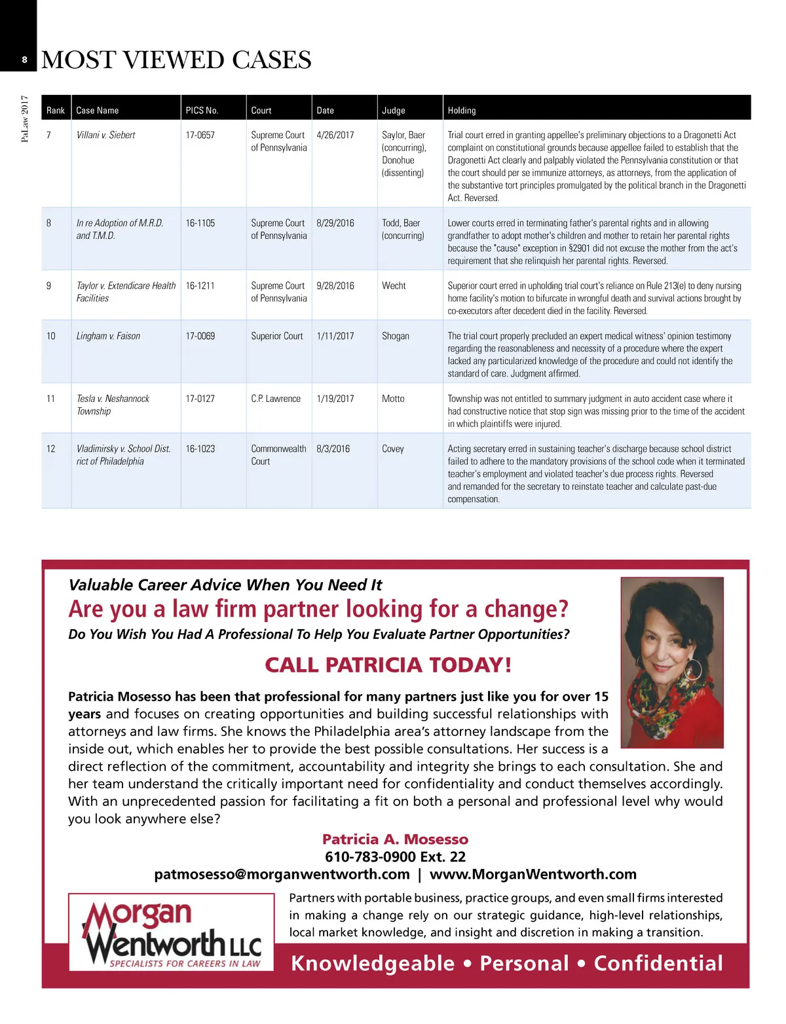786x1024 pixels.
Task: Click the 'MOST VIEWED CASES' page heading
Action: (x=176, y=60)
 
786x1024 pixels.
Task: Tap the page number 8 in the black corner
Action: (x=25, y=60)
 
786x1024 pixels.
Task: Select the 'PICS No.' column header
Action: (x=202, y=111)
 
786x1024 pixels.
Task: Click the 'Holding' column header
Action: (x=462, y=111)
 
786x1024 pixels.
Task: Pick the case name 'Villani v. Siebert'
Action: (x=105, y=135)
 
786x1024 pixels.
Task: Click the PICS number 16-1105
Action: (x=200, y=223)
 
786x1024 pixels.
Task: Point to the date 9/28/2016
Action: (x=335, y=286)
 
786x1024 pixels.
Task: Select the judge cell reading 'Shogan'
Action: (x=396, y=336)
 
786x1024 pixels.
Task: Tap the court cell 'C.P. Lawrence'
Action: (x=276, y=399)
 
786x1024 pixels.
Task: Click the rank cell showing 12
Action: (x=51, y=449)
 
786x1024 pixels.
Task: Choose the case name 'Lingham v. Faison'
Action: (x=108, y=336)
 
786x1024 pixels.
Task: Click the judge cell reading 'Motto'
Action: (x=393, y=399)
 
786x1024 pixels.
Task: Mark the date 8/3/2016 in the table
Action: (x=333, y=449)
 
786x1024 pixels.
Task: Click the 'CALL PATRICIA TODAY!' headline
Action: (x=388, y=665)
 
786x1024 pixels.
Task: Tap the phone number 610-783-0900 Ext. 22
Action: (x=395, y=857)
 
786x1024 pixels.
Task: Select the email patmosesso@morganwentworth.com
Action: (x=282, y=875)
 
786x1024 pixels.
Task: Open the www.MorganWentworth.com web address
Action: (x=533, y=875)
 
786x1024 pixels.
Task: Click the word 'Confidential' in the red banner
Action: (x=658, y=964)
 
